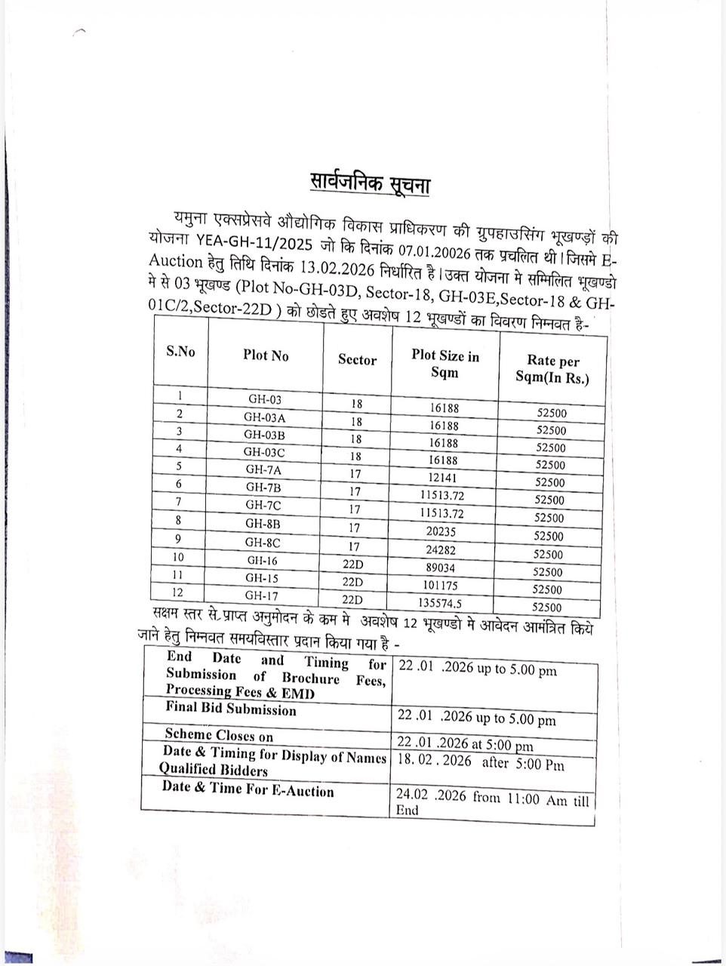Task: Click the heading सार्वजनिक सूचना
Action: tap(370, 183)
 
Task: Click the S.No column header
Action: tap(180, 351)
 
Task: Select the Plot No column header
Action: tap(266, 355)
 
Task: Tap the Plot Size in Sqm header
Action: tap(445, 364)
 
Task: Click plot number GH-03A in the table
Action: tap(264, 417)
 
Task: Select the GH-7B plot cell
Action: tap(263, 487)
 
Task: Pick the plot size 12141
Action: tap(444, 478)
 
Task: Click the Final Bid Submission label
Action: tap(231, 709)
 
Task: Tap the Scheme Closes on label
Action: tap(219, 735)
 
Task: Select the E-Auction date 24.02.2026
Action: tap(431, 795)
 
